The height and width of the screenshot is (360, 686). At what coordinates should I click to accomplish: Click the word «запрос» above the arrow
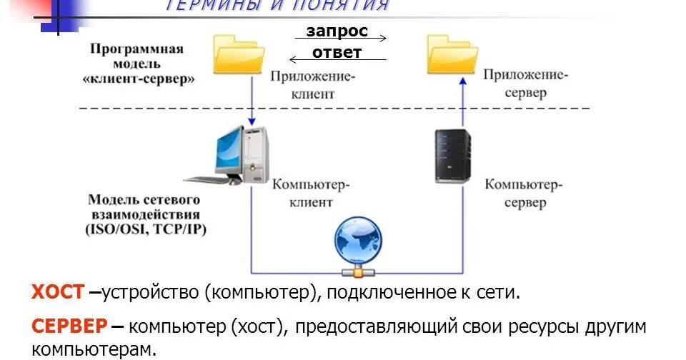[x=337, y=31]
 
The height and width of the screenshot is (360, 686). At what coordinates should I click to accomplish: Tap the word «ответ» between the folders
[x=337, y=52]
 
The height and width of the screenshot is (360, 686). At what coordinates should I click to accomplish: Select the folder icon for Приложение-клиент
[x=239, y=56]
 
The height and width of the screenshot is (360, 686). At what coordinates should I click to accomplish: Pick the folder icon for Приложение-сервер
[x=452, y=55]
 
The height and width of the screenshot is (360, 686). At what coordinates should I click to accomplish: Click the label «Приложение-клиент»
[x=313, y=84]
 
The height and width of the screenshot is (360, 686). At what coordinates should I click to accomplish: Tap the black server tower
[x=453, y=155]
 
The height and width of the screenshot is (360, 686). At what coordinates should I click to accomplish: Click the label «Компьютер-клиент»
[x=311, y=193]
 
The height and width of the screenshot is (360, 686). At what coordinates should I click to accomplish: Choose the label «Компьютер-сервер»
[x=524, y=194]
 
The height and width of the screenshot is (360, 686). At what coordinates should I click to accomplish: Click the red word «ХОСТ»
[x=57, y=291]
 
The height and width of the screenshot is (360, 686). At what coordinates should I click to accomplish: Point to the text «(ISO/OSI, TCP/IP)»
[x=145, y=229]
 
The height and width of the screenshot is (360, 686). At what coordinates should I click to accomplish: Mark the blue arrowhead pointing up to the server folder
[x=462, y=82]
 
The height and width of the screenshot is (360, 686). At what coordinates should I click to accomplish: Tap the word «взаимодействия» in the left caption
[x=145, y=214]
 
